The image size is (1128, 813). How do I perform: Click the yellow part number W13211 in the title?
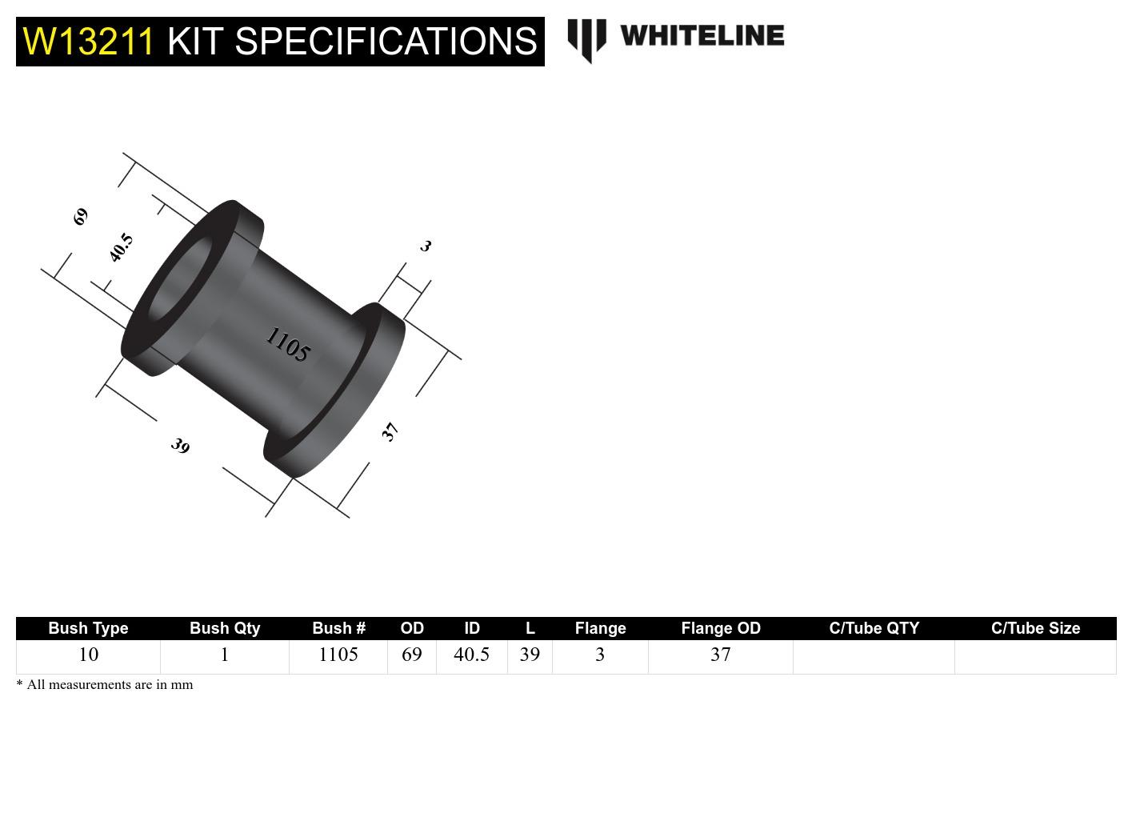point(88,42)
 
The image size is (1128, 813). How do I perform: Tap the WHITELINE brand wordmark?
point(702,36)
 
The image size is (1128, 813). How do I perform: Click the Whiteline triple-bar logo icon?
point(586,40)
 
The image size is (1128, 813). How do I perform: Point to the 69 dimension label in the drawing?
point(81,216)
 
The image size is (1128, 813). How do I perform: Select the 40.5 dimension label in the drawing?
point(121,247)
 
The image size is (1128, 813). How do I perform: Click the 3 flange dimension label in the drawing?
point(426,246)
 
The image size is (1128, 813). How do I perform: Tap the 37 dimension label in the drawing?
point(390,432)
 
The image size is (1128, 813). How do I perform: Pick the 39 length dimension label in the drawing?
point(180,446)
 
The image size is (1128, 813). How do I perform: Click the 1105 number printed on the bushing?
point(287,345)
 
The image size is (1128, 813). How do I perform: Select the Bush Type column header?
point(88,628)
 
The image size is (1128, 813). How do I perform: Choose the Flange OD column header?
point(720,628)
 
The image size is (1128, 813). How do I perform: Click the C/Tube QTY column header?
point(874,628)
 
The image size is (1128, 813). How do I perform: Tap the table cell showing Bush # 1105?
point(338,655)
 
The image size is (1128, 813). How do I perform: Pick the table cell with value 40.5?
point(471,655)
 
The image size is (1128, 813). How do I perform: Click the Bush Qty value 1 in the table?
point(225,655)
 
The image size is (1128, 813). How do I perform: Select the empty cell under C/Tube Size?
point(1035,656)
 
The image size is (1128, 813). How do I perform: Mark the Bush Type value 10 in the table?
point(88,655)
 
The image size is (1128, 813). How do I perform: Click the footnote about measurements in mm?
point(105,685)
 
